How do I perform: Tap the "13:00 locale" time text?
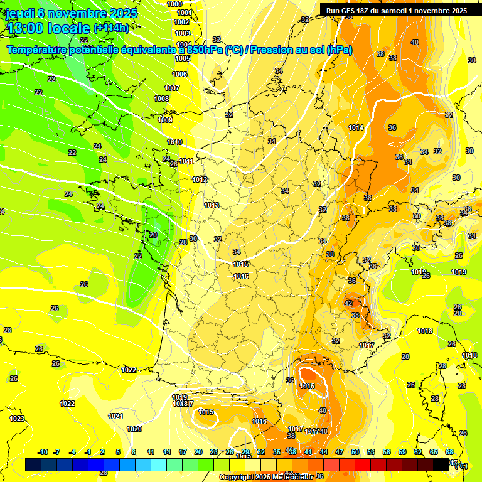tap(48, 28)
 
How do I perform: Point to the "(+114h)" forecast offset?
tap(111, 28)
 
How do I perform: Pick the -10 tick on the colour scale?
tap(43, 452)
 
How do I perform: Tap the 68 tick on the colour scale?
tap(449, 452)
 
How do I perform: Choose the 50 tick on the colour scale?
tap(355, 452)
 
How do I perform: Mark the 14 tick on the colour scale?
tap(167, 452)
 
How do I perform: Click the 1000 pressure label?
tap(175, 4)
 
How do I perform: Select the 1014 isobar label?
tap(356, 127)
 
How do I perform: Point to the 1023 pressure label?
tap(17, 419)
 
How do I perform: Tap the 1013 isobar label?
tap(212, 205)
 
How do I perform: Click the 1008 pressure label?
tap(161, 99)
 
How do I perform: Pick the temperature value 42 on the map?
tap(348, 303)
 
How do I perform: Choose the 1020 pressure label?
tap(134, 429)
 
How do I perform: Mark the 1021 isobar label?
tap(115, 416)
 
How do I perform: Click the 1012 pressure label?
tap(200, 179)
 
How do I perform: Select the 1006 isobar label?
tap(179, 74)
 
